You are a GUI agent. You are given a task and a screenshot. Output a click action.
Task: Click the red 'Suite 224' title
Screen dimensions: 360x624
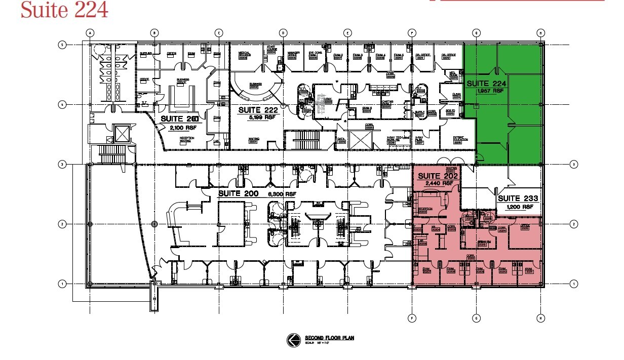tap(64, 10)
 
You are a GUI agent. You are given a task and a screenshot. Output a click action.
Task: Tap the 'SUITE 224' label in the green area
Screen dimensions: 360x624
tap(486, 84)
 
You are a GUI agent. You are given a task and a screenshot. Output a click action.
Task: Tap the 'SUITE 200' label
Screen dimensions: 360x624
tap(238, 194)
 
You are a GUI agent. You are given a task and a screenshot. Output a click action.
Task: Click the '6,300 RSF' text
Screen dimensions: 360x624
tap(282, 194)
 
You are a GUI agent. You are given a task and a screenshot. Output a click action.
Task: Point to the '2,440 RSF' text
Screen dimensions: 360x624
tap(437, 183)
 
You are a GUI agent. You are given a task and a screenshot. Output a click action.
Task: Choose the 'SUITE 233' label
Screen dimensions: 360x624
tap(518, 199)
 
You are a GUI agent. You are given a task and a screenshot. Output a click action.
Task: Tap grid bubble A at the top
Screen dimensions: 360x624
tap(90, 33)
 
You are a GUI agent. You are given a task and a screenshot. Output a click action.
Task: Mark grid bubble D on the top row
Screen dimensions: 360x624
tap(283, 33)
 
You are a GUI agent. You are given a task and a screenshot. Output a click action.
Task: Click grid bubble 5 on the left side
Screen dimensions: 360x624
tap(63, 45)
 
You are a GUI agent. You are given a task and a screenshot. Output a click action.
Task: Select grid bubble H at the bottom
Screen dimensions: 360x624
tap(540, 318)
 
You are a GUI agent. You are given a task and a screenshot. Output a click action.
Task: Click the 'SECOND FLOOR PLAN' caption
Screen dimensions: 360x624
tap(324, 338)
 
